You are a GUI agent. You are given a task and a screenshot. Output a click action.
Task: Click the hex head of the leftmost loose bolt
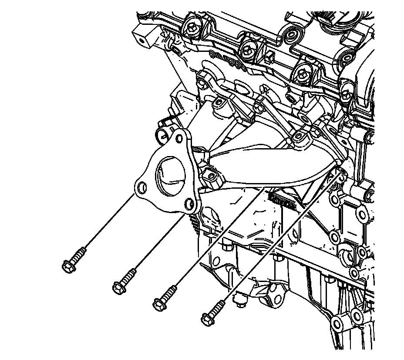tap(69, 266)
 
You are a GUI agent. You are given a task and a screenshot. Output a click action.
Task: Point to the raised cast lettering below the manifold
tap(281, 198)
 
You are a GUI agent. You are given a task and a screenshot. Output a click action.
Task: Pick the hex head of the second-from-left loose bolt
tap(118, 287)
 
